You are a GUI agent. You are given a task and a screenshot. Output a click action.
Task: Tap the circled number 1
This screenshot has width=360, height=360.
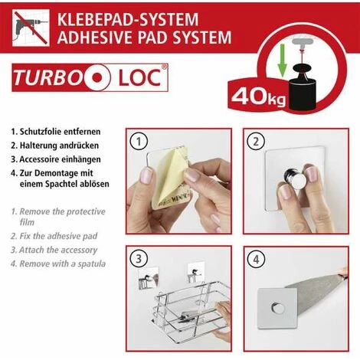(x=139, y=142)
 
